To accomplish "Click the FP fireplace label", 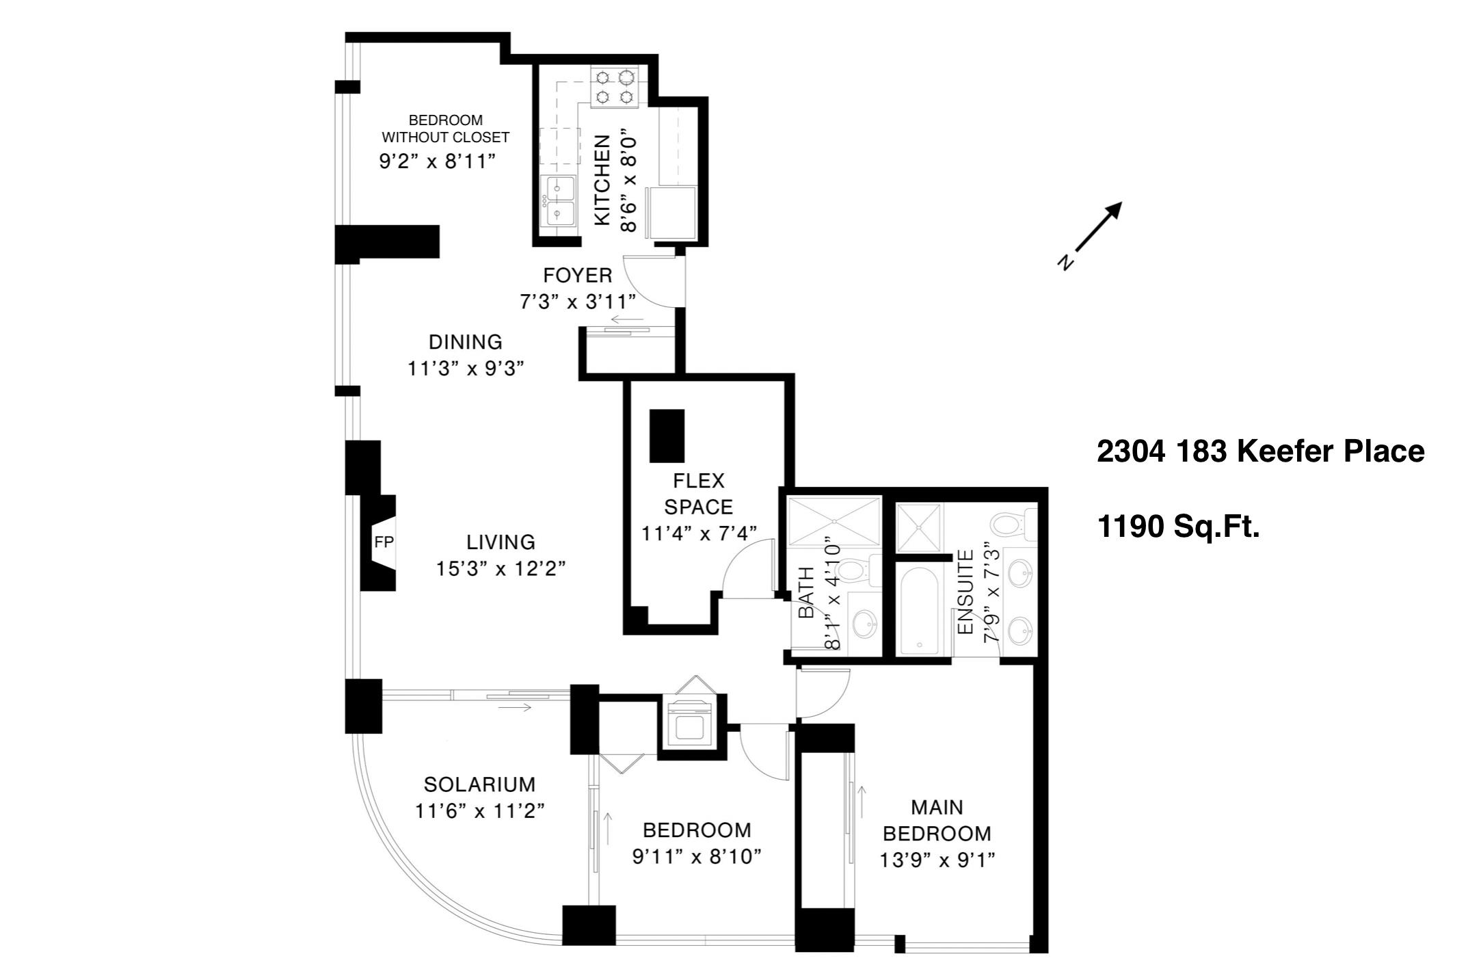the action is point(384,542).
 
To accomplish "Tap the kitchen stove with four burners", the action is point(614,87).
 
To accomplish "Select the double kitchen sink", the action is point(558,200).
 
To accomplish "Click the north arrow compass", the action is point(1090,235).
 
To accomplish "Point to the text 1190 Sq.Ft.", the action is point(1178,527).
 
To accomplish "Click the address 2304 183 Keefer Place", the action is point(1261,451).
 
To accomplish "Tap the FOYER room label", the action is point(578,276).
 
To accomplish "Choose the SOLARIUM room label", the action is point(479,784).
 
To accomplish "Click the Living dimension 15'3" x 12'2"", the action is point(501,568).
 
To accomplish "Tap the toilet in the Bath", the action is point(856,570).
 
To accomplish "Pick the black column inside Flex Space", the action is point(667,436).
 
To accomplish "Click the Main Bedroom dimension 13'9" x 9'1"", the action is point(937,860).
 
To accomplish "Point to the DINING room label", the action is point(466,342).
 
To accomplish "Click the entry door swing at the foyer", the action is point(653,280).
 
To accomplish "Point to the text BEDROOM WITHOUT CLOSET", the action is point(445,129).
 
